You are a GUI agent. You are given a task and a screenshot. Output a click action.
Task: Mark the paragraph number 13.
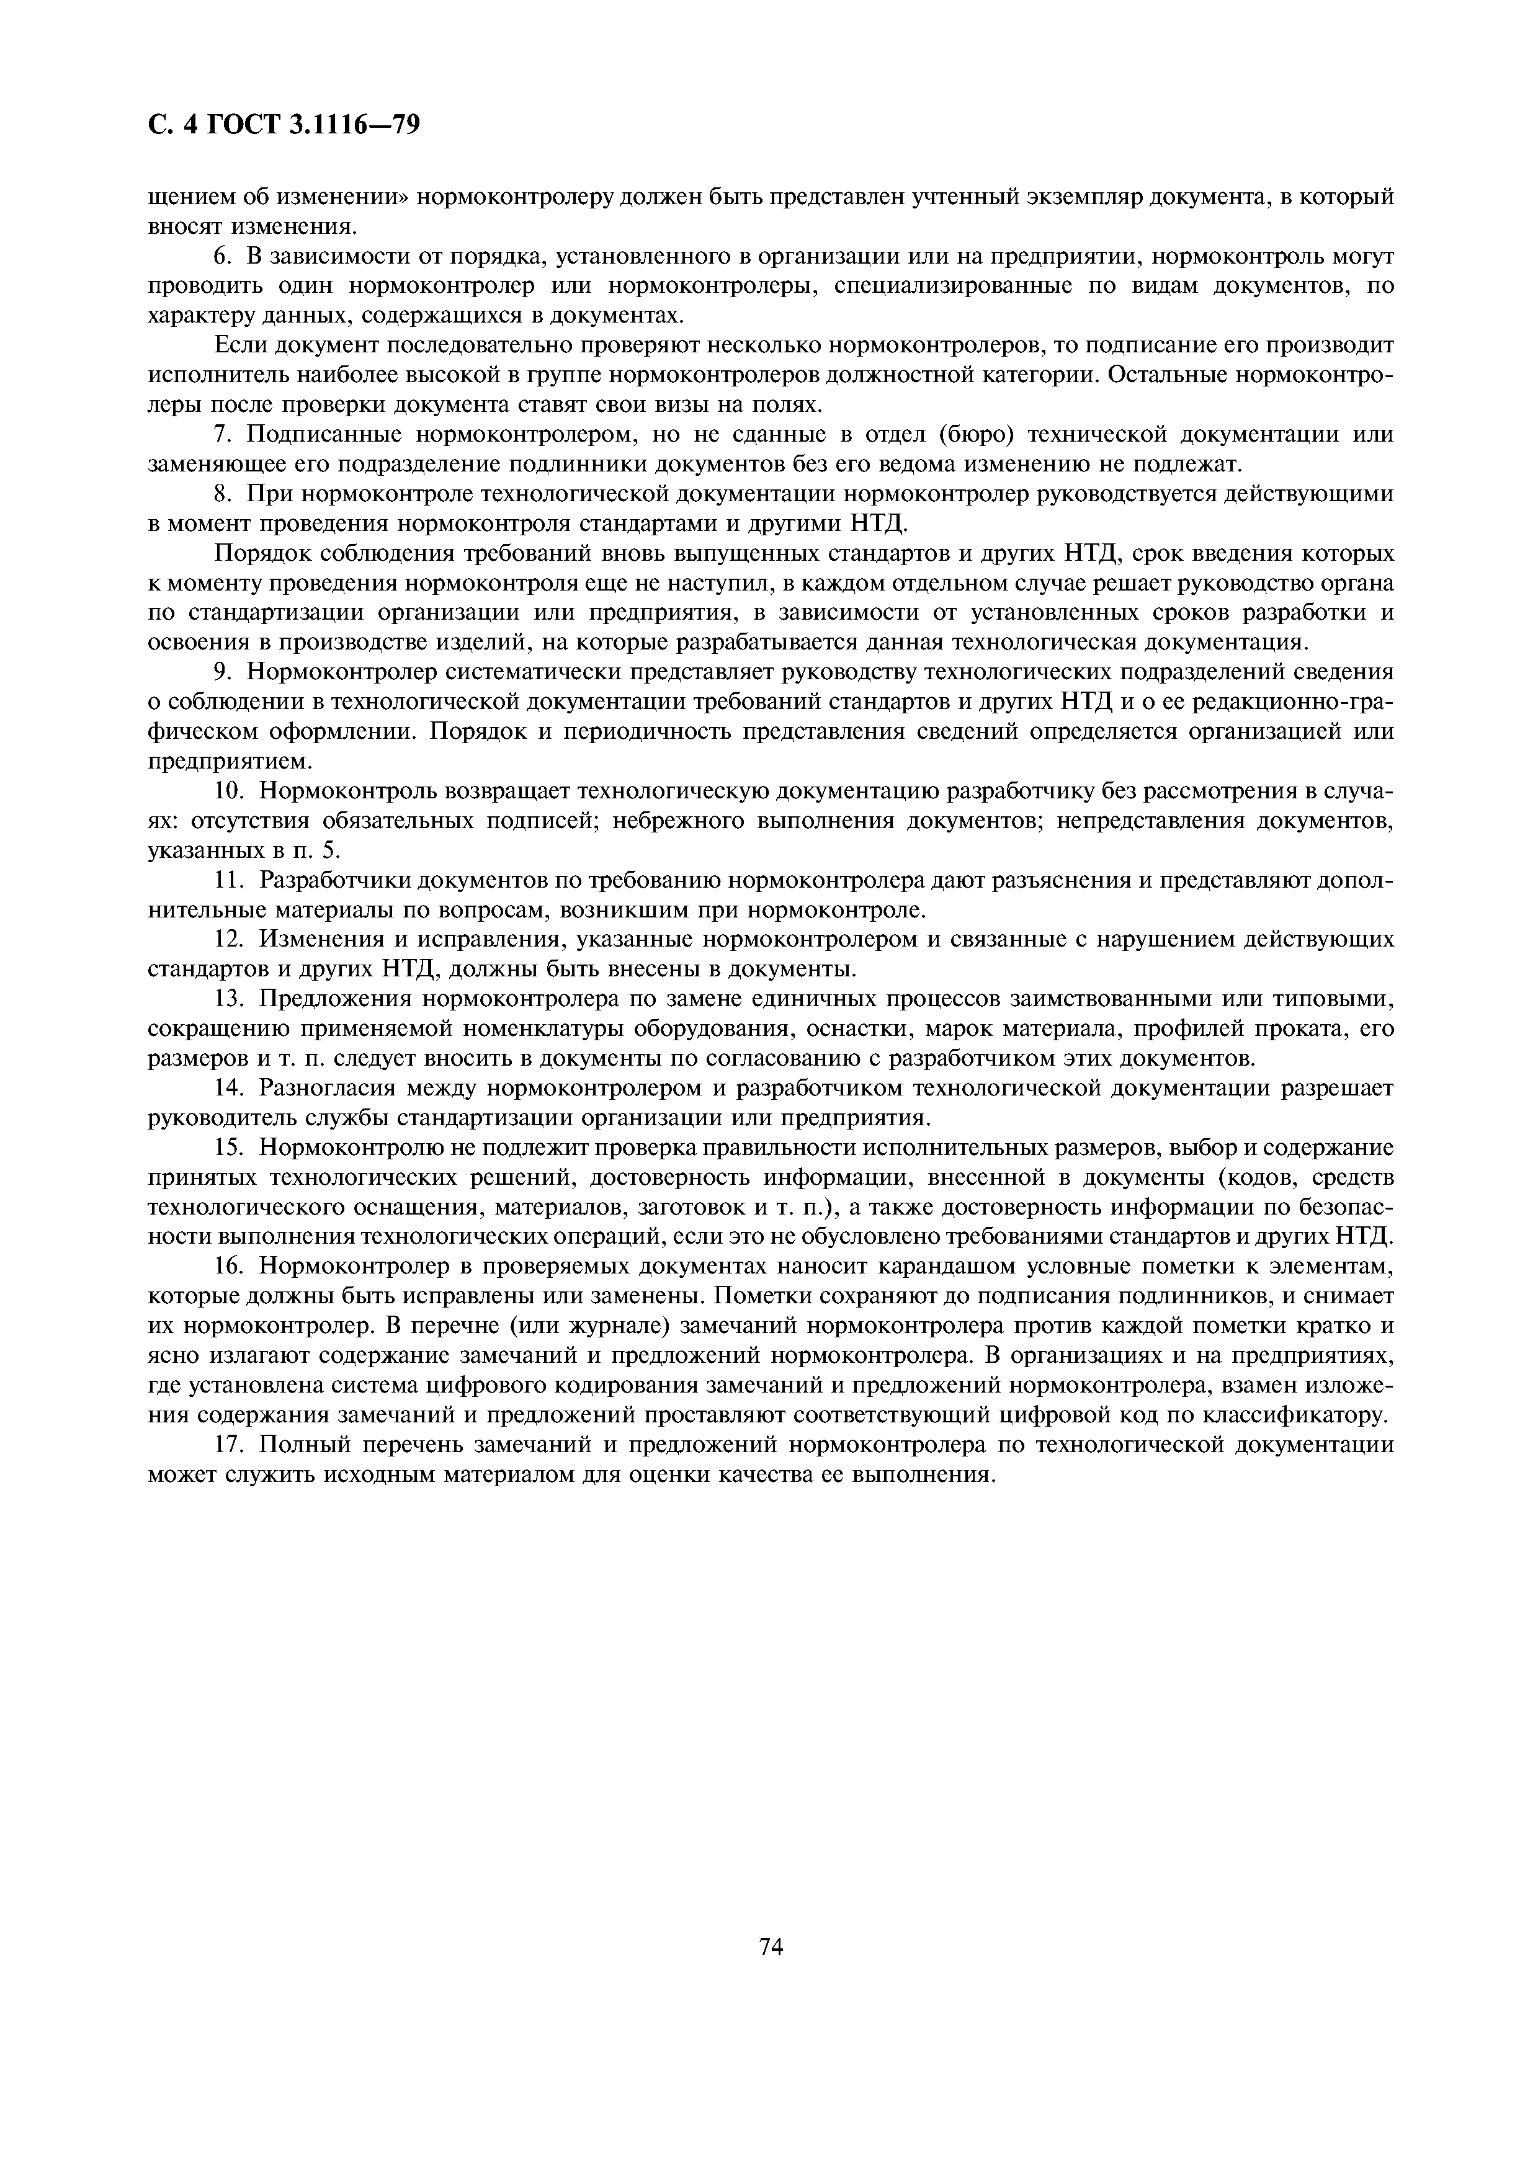pos(228,999)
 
